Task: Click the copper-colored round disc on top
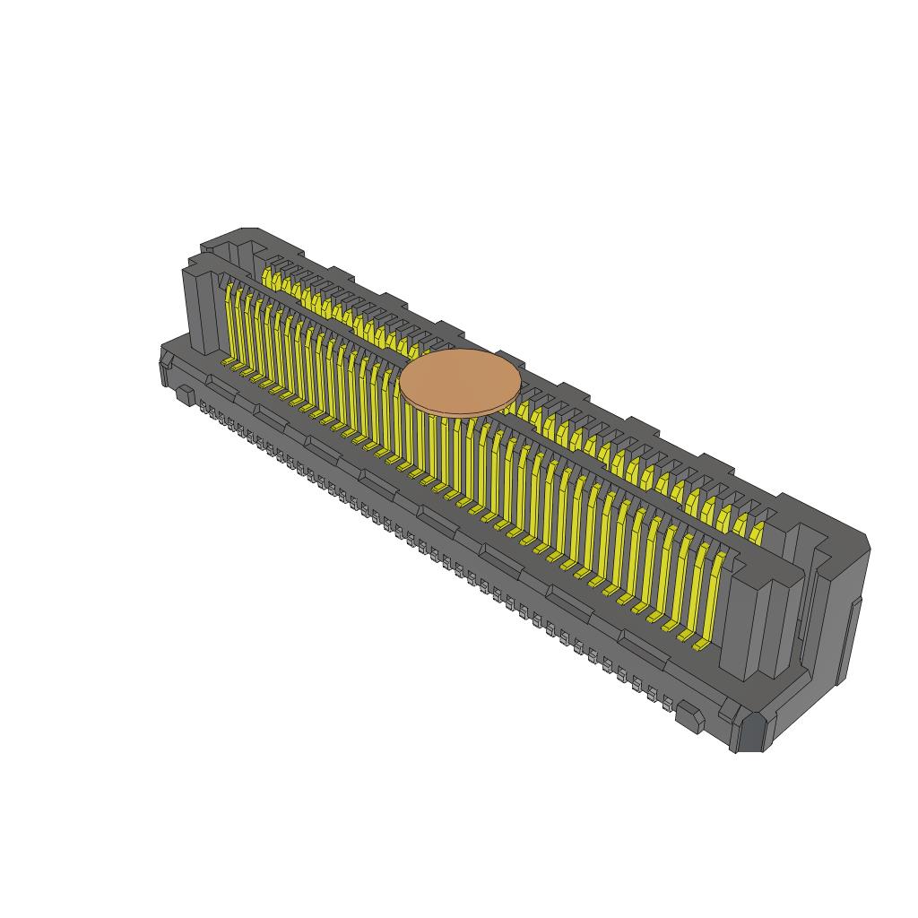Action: tap(460, 382)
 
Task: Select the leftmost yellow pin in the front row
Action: tap(230, 323)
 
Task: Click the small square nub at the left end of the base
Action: tap(184, 394)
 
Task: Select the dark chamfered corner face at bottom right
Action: tap(750, 732)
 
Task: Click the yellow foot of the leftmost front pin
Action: tap(229, 364)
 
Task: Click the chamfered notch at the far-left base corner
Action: tap(165, 368)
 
